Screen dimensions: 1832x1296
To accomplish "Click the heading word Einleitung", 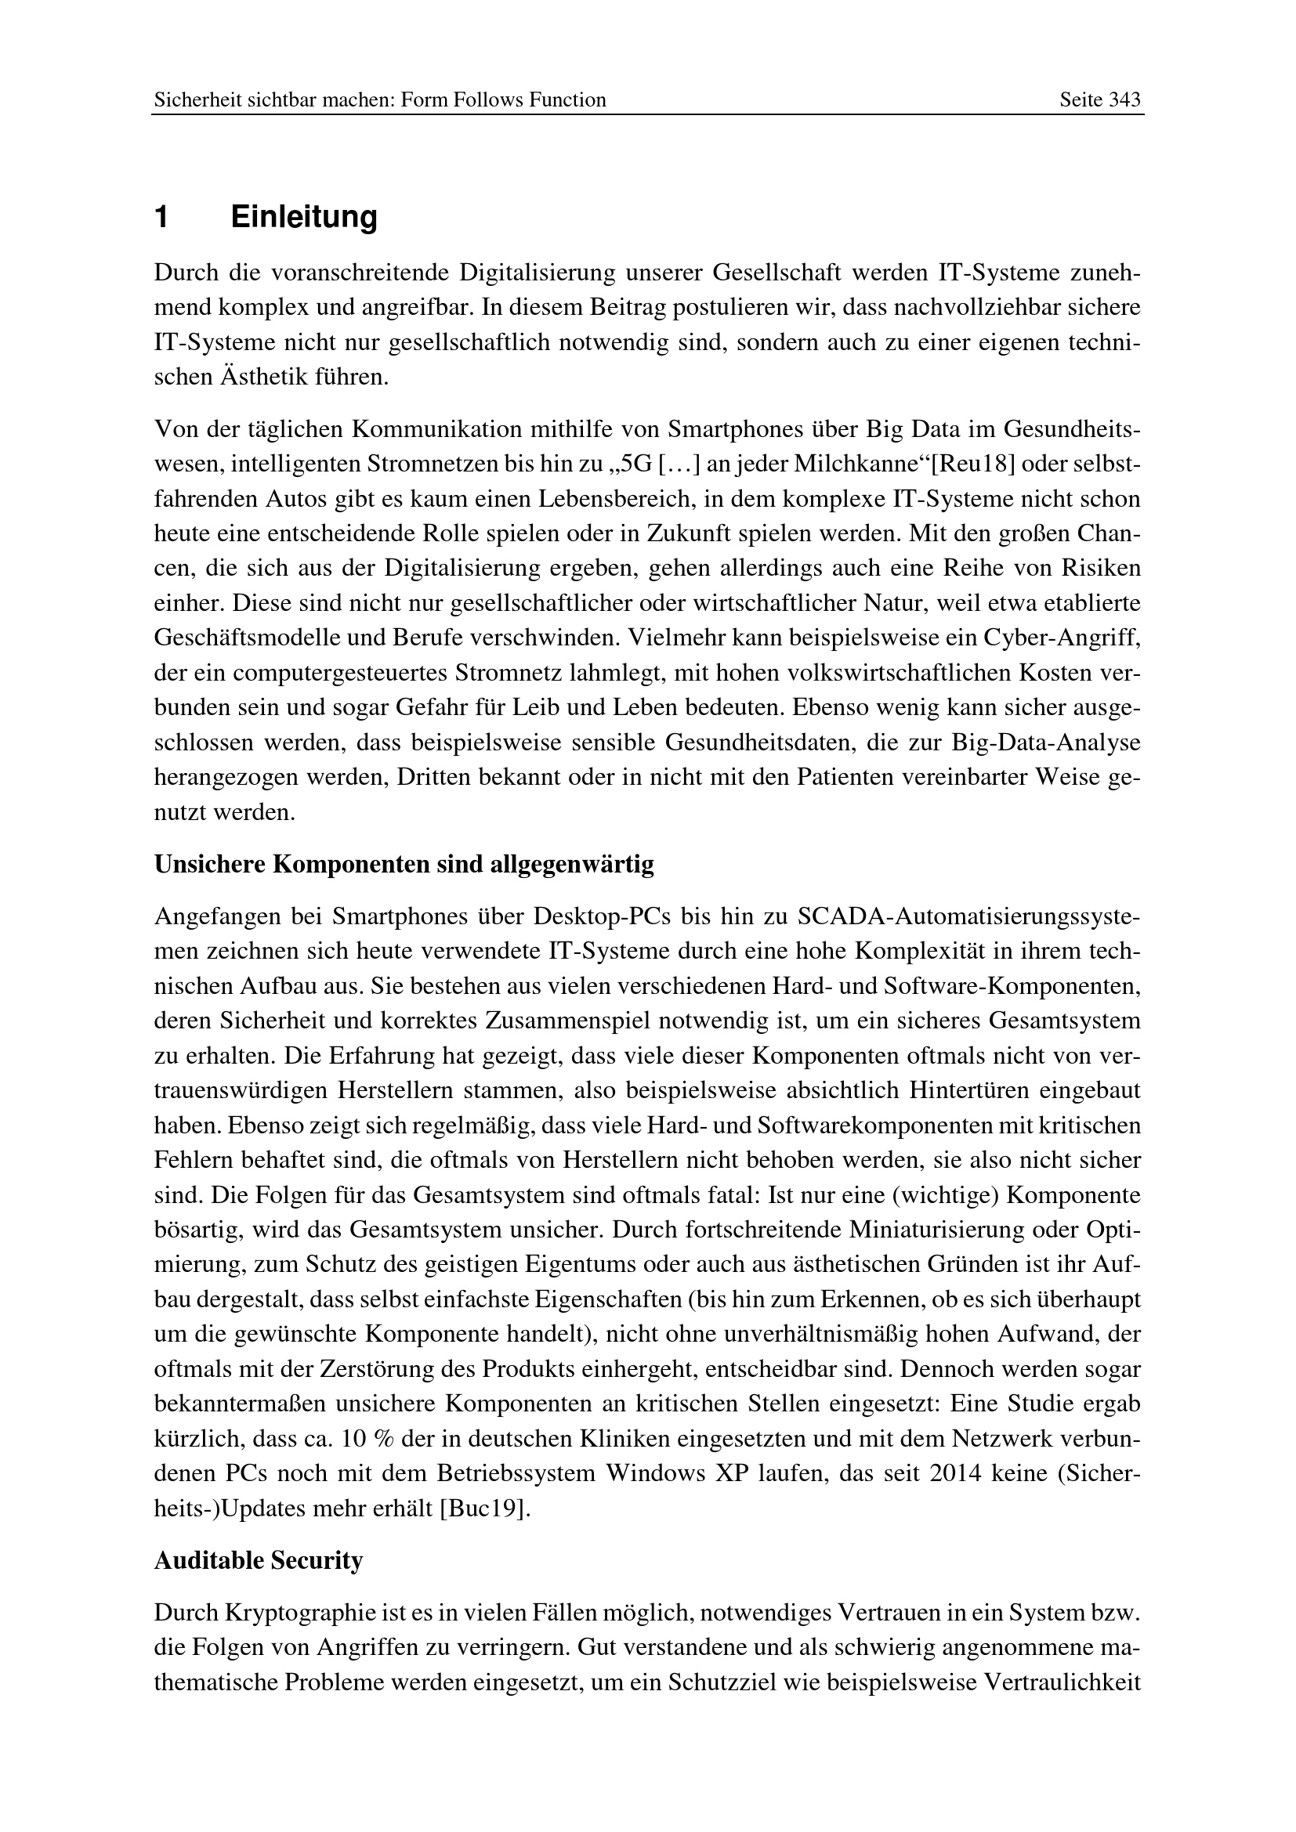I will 303,217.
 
